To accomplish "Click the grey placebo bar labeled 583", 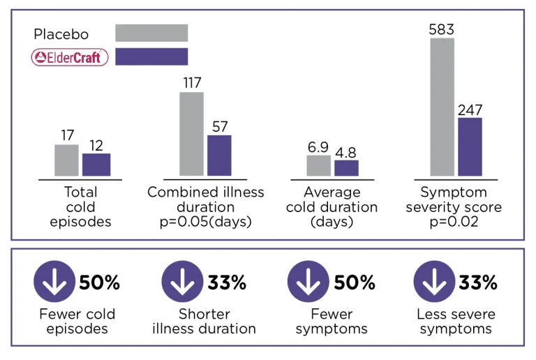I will point(442,107).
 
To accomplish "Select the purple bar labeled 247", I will point(470,147).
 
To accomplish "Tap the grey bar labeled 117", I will point(192,133).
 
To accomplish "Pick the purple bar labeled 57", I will point(219,155).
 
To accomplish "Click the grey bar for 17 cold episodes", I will point(67,160).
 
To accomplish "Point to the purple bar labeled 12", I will point(96,164).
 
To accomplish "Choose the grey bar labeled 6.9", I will point(318,165).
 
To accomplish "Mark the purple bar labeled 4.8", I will point(346,167).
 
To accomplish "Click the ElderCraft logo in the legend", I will point(70,57).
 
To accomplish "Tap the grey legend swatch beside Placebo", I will point(151,33).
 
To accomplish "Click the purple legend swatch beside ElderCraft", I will point(151,57).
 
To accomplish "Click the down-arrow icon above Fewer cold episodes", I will point(53,283).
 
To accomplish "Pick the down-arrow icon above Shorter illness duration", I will point(180,283).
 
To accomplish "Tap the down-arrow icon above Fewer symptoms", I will point(306,283).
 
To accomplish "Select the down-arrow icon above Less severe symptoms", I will point(433,283).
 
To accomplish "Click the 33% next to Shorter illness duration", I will point(227,283).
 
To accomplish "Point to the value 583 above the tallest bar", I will point(442,29).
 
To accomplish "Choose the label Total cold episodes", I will point(81,207).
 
